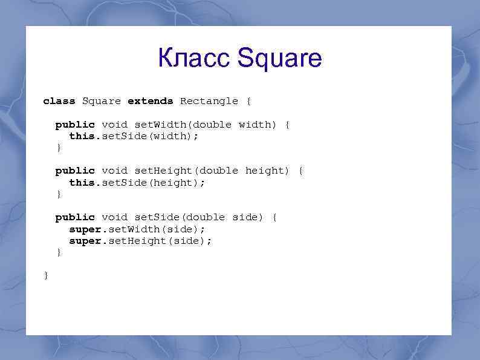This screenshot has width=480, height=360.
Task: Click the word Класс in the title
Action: pyautogui.click(x=195, y=59)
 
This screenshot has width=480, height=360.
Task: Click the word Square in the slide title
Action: pyautogui.click(x=280, y=59)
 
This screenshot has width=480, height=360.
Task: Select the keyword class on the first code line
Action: pyautogui.click(x=59, y=101)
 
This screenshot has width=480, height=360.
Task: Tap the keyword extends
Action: pyautogui.click(x=150, y=101)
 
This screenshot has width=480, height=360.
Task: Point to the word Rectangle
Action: pyautogui.click(x=209, y=101)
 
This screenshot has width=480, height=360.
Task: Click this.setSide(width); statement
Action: pyautogui.click(x=134, y=136)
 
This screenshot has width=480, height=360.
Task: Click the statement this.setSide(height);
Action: pyautogui.click(x=137, y=182)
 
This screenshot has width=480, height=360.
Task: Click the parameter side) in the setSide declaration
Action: pyautogui.click(x=248, y=217)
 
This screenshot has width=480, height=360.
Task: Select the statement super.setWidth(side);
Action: pyautogui.click(x=137, y=229)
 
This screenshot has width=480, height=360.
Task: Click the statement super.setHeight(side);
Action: pyautogui.click(x=140, y=241)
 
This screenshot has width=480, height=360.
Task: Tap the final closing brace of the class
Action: pyautogui.click(x=46, y=275)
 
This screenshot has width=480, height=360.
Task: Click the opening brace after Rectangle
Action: pyautogui.click(x=248, y=101)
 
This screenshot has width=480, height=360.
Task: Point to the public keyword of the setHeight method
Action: pyautogui.click(x=75, y=171)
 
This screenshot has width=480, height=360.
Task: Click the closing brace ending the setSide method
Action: pyautogui.click(x=59, y=252)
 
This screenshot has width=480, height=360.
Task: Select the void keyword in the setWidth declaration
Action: pyautogui.click(x=114, y=125)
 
